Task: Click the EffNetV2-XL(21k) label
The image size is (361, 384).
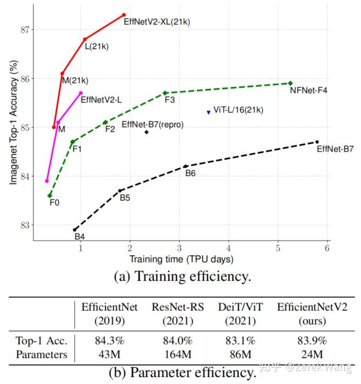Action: (157, 22)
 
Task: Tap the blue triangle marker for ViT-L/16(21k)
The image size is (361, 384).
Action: (209, 112)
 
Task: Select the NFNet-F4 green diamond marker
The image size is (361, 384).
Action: (290, 83)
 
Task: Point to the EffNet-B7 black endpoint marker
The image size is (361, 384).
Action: (317, 142)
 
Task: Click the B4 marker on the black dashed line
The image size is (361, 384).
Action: (75, 230)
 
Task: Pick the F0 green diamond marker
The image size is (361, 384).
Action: (50, 195)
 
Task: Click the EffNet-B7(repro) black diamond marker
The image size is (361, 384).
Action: (147, 132)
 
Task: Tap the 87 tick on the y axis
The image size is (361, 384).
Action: (25, 29)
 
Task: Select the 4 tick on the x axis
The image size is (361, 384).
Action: (228, 247)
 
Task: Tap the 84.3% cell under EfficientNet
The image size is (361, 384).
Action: (109, 341)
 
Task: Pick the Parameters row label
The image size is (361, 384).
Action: (42, 354)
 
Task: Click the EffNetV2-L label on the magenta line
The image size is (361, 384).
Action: (101, 100)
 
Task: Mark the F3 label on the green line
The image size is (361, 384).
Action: (169, 100)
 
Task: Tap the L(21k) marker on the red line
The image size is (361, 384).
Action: (85, 39)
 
